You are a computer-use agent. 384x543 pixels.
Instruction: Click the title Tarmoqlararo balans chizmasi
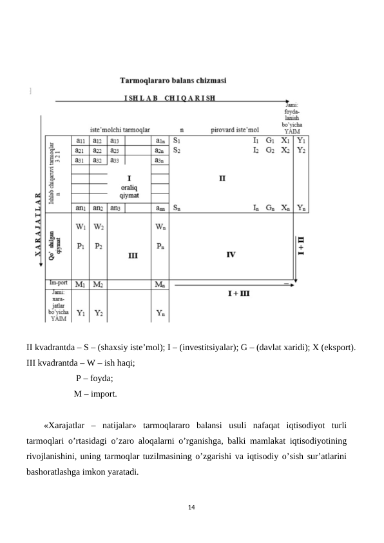pos(177,82)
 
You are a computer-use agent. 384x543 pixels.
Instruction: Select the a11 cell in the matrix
pos(81,140)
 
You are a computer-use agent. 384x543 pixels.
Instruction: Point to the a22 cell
pos(99,150)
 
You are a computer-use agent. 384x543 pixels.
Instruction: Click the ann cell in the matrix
pos(162,208)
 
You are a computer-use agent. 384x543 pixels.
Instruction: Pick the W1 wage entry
pos(81,226)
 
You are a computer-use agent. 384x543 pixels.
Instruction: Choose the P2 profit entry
pos(99,246)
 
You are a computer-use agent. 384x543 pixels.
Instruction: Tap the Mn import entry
pos(162,284)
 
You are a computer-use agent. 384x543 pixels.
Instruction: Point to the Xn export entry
pos(285,208)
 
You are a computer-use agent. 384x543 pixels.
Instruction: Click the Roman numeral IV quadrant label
pos(230,255)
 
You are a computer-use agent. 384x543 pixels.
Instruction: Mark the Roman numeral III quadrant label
pos(133,255)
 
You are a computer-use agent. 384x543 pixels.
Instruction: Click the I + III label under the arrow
pos(239,293)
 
